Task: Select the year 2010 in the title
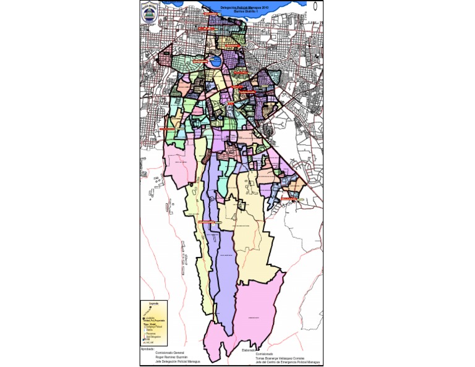pos(265,7)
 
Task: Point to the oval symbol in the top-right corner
pos(315,7)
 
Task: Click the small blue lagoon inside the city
pos(215,62)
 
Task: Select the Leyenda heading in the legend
pos(153,303)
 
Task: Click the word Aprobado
pos(148,348)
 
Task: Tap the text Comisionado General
pos(170,353)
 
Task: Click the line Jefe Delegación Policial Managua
pos(178,362)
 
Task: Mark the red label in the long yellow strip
pos(208,220)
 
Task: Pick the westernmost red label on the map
pos(168,129)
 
